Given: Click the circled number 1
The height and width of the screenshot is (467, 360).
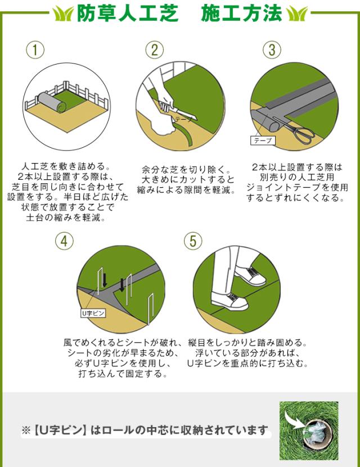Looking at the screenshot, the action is click(x=35, y=50).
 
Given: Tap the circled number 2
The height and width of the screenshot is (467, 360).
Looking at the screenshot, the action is click(x=154, y=50).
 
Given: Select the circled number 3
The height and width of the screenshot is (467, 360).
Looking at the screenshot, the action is click(x=272, y=50).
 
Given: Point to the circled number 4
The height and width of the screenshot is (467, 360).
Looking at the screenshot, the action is click(x=64, y=241).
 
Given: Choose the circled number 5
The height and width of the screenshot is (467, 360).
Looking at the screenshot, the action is click(x=193, y=241).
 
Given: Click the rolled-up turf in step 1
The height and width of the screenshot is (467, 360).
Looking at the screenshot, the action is click(x=52, y=102).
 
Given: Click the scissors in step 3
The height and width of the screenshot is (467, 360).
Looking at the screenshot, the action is click(x=295, y=130).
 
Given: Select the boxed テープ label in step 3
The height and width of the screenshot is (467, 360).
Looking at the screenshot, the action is click(x=263, y=140).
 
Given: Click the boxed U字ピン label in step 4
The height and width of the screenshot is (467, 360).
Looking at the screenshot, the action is click(x=93, y=314).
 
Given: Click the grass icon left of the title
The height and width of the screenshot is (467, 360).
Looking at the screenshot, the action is click(x=63, y=13).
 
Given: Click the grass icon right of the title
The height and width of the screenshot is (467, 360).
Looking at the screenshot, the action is click(x=297, y=13).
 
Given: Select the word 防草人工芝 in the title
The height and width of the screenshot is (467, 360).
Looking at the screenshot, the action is click(x=128, y=13).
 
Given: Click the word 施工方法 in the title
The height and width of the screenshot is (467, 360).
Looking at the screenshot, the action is click(x=241, y=13).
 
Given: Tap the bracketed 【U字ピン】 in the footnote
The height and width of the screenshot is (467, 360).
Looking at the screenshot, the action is click(x=59, y=430).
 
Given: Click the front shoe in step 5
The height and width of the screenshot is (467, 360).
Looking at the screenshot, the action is click(x=229, y=301).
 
